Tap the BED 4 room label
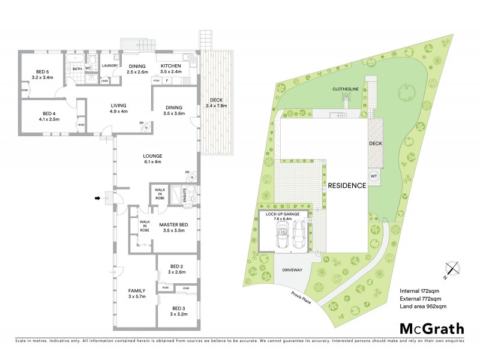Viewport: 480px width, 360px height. (x=40, y=116)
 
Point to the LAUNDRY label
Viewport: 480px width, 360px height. (x=109, y=65)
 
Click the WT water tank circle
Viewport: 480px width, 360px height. (x=373, y=176)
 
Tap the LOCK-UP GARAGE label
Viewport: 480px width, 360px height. (x=283, y=214)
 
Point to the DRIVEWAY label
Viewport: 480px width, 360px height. (x=292, y=271)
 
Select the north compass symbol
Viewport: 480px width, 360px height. (x=452, y=271)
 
